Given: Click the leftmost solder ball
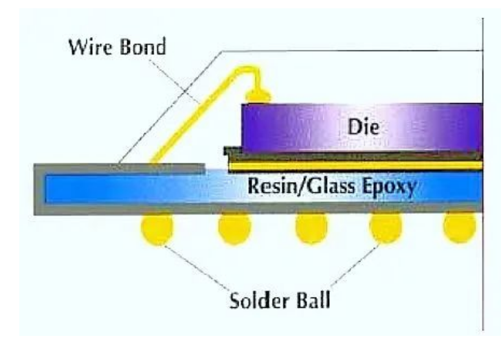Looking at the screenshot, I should pos(157,229).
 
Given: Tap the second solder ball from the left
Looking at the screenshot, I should pos(234,229).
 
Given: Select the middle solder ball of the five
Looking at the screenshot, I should pos(311,229).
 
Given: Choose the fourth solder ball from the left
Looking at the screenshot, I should pos(386,229).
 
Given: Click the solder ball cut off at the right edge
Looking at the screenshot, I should pos(460,227).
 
